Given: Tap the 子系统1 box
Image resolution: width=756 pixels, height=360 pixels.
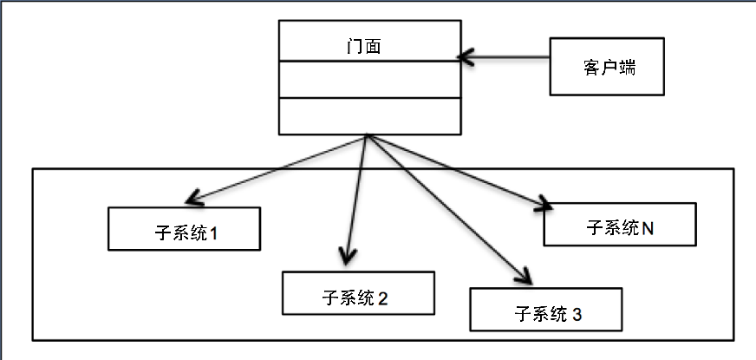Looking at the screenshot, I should coord(185,229).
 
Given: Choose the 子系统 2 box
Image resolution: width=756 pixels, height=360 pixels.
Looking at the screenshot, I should coord(358,293).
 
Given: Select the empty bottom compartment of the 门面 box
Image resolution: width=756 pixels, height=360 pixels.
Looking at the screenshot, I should coord(369,115).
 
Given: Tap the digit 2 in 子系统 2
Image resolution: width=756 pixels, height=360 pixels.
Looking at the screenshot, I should coord(382,299).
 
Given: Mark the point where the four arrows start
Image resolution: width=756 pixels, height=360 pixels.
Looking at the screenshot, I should coord(368,136).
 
